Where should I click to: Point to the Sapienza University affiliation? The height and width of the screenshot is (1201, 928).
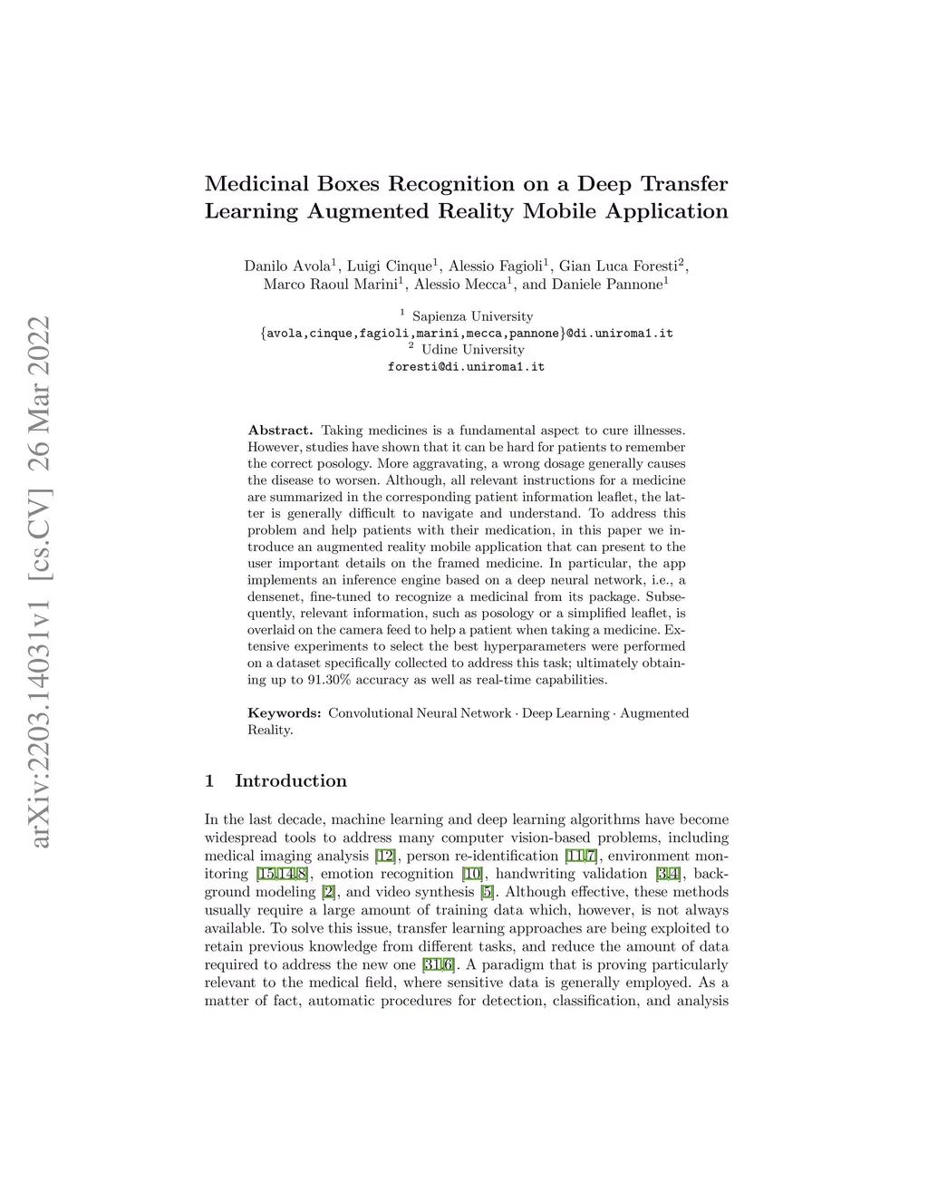472,317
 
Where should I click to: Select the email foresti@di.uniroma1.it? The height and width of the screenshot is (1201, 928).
466,367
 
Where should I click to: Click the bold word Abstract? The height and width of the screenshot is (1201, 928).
280,431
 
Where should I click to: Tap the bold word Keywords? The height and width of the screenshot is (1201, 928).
284,713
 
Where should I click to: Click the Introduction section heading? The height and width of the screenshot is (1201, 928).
290,781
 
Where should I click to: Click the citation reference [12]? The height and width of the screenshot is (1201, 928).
385,857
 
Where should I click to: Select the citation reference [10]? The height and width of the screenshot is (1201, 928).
472,875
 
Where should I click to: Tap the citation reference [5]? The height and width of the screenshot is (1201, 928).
488,893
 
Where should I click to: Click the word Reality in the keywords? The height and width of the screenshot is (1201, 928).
269,731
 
